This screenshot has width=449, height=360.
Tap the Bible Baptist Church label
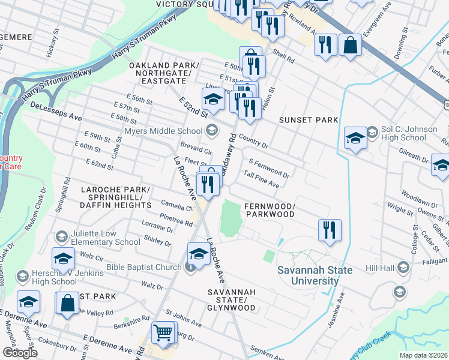tap(144, 266)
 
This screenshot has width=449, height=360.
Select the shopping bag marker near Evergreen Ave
tap(349, 45)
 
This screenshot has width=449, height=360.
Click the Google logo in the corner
tap(20, 353)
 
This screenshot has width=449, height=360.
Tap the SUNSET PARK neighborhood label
tap(309, 120)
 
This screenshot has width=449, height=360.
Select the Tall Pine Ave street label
tap(262, 179)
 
